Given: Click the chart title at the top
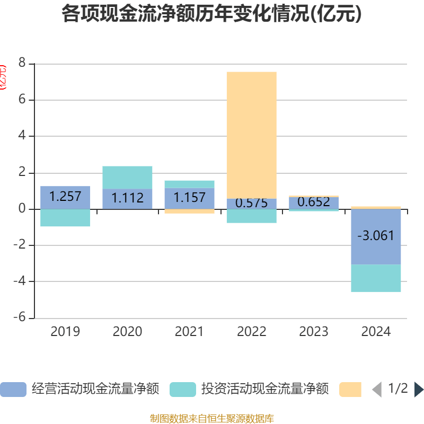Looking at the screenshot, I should (x=211, y=14).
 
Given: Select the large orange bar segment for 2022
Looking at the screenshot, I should (x=251, y=135).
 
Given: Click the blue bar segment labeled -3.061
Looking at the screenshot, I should (x=376, y=236).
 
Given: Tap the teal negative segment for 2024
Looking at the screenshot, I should (x=376, y=278).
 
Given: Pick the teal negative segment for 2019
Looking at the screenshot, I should (x=65, y=218).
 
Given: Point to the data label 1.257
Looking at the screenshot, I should (x=65, y=197).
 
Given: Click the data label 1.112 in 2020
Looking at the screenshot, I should (x=127, y=198).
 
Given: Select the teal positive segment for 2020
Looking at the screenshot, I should (x=127, y=177).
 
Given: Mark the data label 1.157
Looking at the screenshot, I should (x=189, y=198).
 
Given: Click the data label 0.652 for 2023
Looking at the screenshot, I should (x=314, y=202).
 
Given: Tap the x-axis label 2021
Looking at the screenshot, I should (x=189, y=332).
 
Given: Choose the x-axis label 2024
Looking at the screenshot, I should (x=376, y=332).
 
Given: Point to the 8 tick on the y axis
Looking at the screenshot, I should (x=22, y=63).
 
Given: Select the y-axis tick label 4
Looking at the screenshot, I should (x=22, y=136).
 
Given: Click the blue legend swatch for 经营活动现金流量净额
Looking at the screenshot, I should (x=13, y=390).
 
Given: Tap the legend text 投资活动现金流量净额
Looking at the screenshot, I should (x=265, y=390).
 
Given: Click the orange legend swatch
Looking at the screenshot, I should (x=350, y=390).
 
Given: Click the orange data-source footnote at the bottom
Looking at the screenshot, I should (x=211, y=419).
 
